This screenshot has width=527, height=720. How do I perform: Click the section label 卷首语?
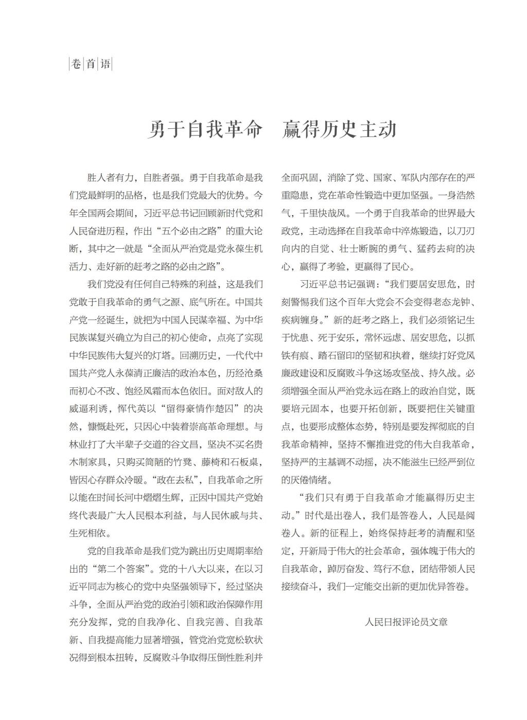tap(91, 64)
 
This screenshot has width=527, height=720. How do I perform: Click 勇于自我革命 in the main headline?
tap(205, 129)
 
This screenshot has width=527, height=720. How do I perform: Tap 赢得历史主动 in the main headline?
tap(340, 129)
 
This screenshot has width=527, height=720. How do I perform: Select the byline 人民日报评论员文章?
tap(406, 622)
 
